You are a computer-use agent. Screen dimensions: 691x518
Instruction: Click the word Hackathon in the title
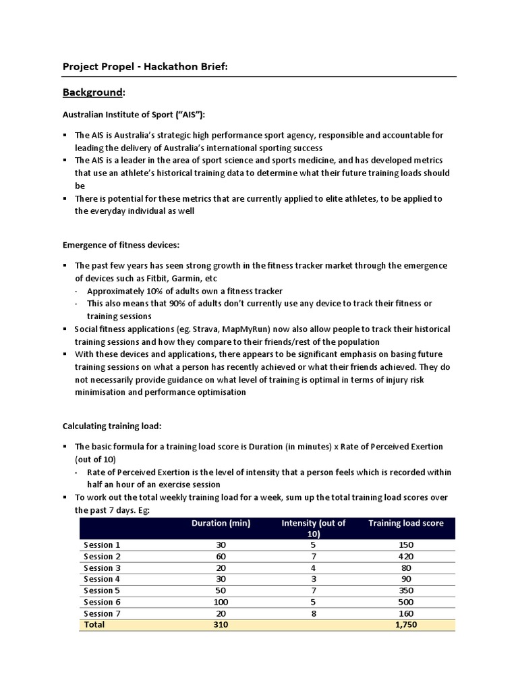pyautogui.click(x=156, y=66)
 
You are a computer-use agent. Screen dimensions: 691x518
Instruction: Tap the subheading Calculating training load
pyautogui.click(x=112, y=426)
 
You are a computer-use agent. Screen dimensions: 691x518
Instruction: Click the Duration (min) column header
pyautogui.click(x=221, y=524)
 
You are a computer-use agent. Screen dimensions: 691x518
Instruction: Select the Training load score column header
pyautogui.click(x=405, y=524)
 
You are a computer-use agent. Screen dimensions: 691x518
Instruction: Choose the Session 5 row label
pyautogui.click(x=102, y=590)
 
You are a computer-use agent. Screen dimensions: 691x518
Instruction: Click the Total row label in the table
pyautogui.click(x=94, y=625)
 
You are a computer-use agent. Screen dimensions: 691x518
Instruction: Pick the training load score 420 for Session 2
pyautogui.click(x=405, y=557)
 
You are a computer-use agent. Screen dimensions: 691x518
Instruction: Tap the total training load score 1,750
pyautogui.click(x=405, y=625)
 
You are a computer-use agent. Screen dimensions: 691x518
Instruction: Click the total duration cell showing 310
pyautogui.click(x=221, y=625)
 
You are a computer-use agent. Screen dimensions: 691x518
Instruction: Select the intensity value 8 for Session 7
pyautogui.click(x=313, y=613)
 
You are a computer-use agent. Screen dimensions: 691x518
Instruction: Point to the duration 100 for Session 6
pyautogui.click(x=221, y=602)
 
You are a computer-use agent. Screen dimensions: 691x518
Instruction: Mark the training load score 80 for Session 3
pyautogui.click(x=405, y=568)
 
